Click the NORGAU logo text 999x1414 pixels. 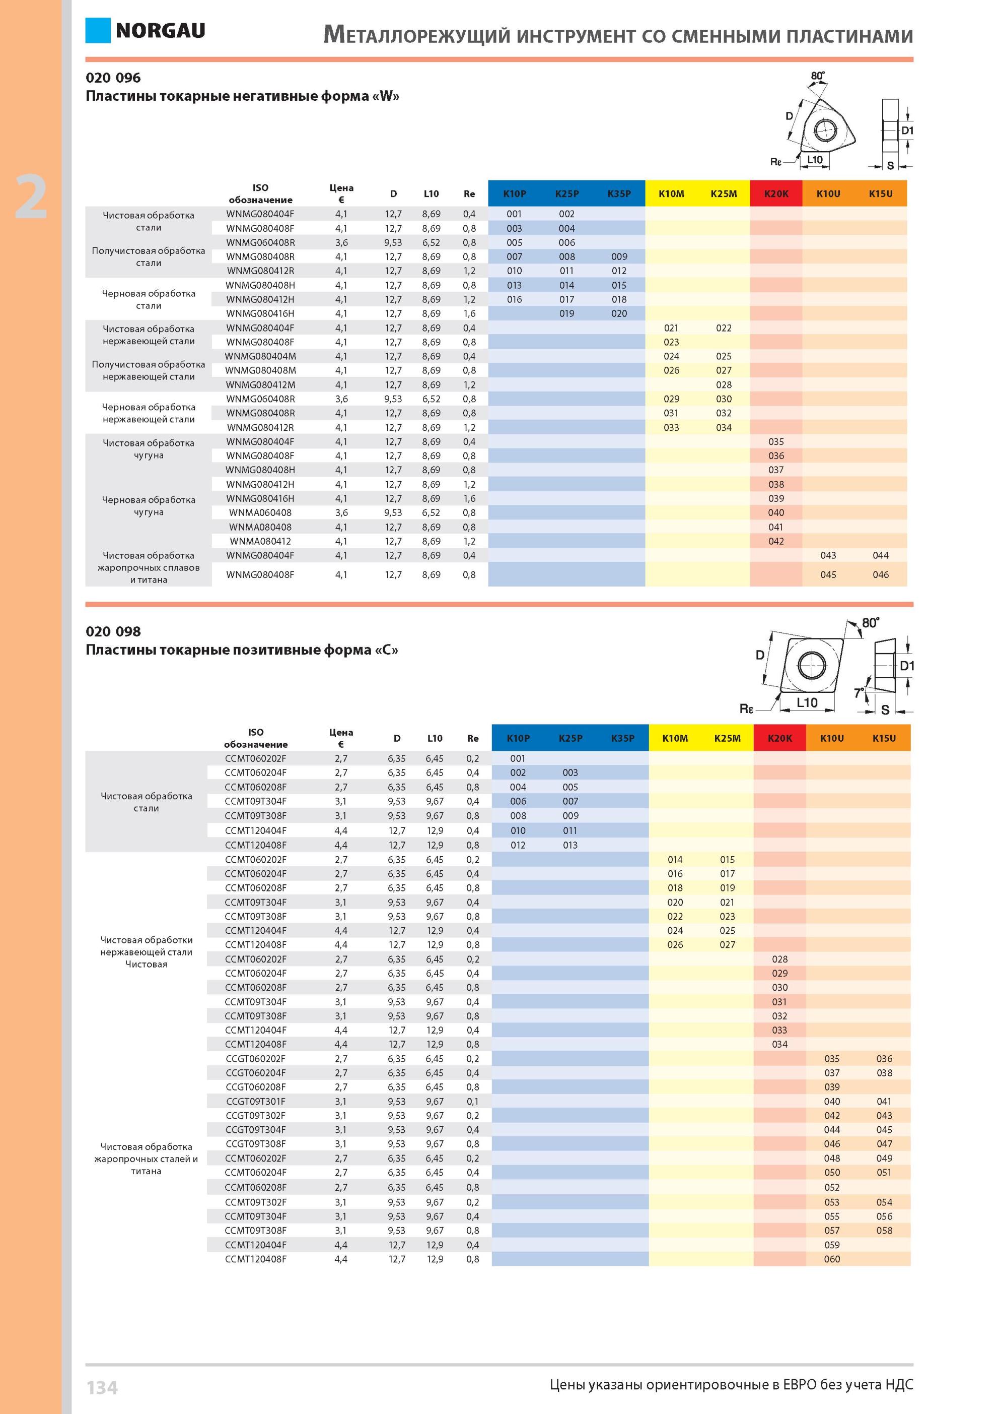pyautogui.click(x=160, y=31)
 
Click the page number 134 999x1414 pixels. pyautogui.click(x=102, y=1387)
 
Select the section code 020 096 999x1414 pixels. pyautogui.click(x=113, y=78)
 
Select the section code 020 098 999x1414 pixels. pyautogui.click(x=113, y=631)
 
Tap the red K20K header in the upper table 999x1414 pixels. pyautogui.click(x=776, y=194)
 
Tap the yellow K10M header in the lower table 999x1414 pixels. pyautogui.click(x=675, y=738)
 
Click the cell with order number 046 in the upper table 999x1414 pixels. pyautogui.click(x=881, y=574)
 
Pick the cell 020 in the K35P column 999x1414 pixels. pyautogui.click(x=619, y=313)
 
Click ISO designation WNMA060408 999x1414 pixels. pyautogui.click(x=260, y=512)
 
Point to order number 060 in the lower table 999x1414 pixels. pyautogui.click(x=832, y=1259)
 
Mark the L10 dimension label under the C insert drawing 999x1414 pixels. pyautogui.click(x=807, y=702)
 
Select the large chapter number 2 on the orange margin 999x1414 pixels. pyautogui.click(x=31, y=197)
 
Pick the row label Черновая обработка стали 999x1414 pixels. pyautogui.click(x=149, y=299)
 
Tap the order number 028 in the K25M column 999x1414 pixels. pyautogui.click(x=724, y=385)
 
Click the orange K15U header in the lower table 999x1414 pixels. pyautogui.click(x=885, y=738)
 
